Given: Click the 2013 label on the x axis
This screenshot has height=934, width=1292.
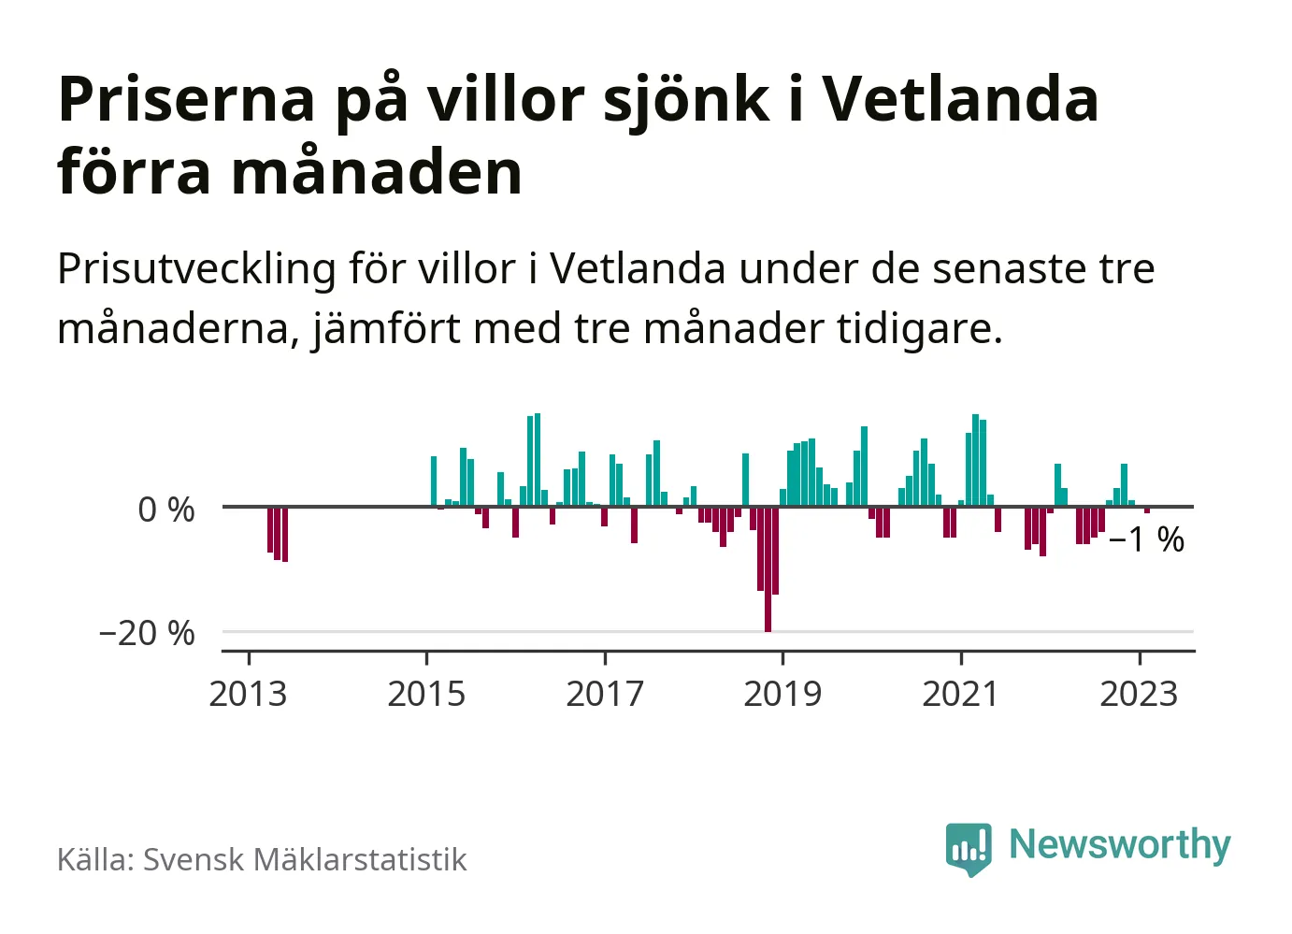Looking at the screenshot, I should (248, 695).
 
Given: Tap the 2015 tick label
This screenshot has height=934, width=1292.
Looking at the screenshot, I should (426, 695).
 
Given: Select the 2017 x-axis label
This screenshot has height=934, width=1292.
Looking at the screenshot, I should (605, 695).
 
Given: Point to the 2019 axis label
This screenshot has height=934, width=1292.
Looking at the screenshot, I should (782, 695).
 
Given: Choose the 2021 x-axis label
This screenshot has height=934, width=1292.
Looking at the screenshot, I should (961, 695).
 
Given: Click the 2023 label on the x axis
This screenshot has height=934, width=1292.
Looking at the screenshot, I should (1139, 695).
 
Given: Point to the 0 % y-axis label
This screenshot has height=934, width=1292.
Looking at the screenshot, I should (166, 510).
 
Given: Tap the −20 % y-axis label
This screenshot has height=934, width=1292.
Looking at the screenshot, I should (148, 634).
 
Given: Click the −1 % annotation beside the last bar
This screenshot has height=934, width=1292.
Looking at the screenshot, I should (1146, 540).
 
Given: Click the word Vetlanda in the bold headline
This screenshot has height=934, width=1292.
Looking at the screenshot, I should (960, 99).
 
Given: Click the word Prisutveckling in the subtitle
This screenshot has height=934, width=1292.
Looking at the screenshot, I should (196, 270).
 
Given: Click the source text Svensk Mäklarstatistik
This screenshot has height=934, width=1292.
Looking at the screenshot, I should (305, 860).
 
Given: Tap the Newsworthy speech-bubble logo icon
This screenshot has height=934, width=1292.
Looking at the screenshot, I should (968, 848).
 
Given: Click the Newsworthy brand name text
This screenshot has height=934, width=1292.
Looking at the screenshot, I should (1119, 845).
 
